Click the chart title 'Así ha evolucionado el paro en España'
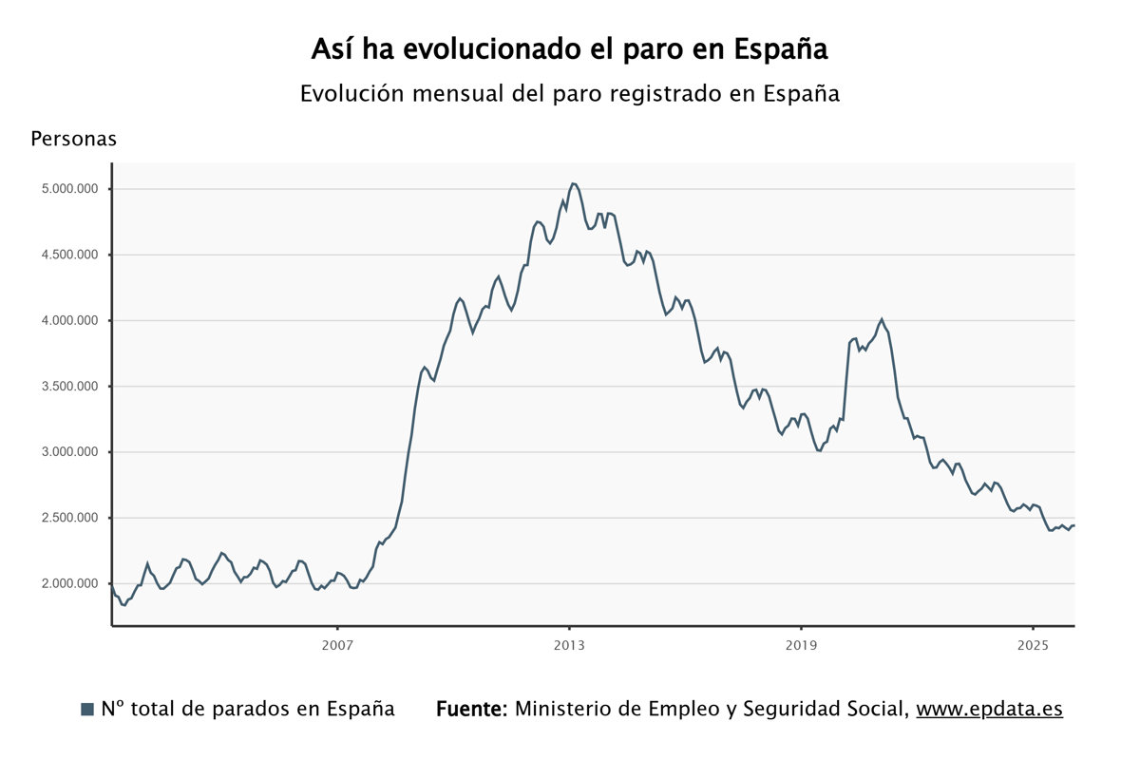click(569, 49)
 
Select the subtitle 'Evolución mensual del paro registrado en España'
click(569, 94)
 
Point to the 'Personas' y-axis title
click(73, 139)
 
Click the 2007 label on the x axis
click(337, 645)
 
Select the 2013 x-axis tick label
click(569, 645)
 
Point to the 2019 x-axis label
click(801, 645)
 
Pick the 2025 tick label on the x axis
click(1033, 645)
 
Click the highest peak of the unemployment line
click(573, 183)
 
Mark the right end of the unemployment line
click(1073, 525)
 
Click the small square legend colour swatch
click(87, 709)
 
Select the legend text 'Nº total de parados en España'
click(247, 709)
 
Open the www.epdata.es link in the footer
click(989, 709)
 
